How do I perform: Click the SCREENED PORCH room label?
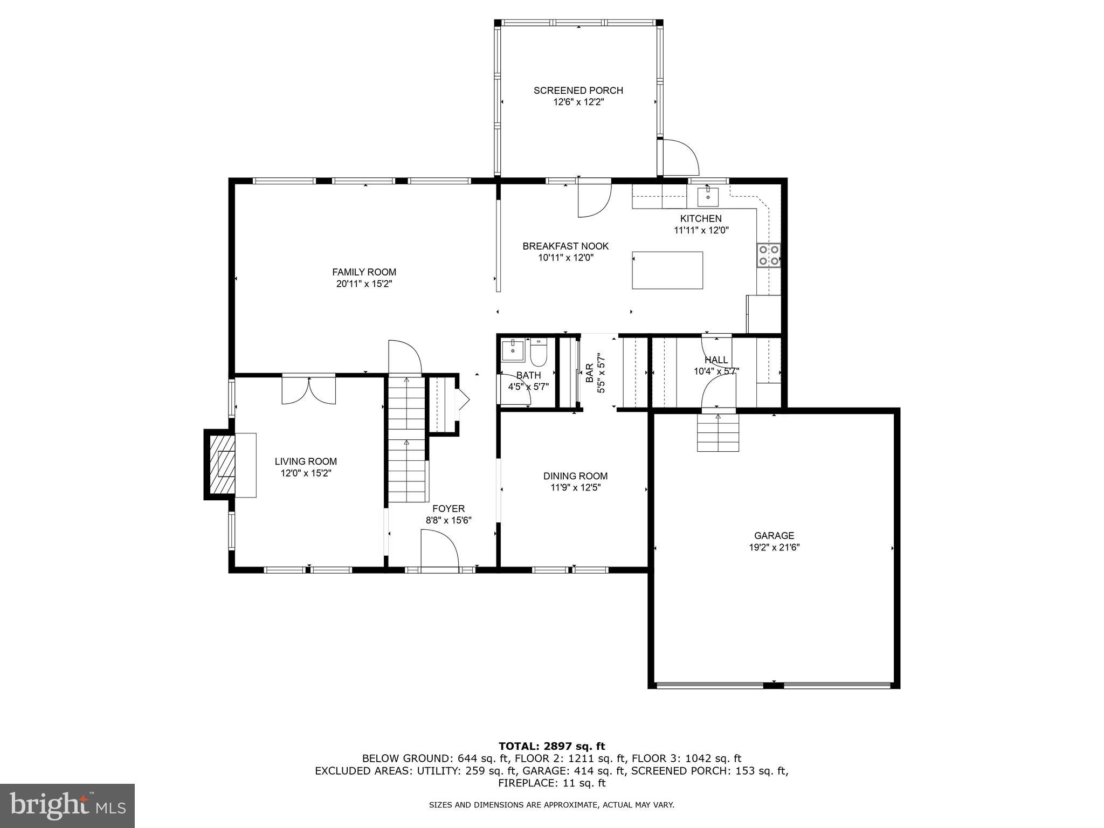coord(578,91)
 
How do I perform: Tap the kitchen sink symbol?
coord(708,196)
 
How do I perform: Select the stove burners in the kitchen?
coord(769,256)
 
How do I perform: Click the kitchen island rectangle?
coord(667,271)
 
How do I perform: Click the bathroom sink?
coord(513,351)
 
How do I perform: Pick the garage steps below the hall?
coord(717,432)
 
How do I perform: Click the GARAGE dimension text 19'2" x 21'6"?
coord(774,547)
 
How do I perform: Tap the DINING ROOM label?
coord(575,476)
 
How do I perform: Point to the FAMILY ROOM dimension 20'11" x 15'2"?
coord(364,284)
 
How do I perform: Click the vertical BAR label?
coord(590,373)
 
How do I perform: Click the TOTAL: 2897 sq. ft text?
coord(551,746)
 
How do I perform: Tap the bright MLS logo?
coord(67,805)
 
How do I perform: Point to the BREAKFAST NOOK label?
coord(565,246)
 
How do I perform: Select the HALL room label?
coord(716,360)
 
